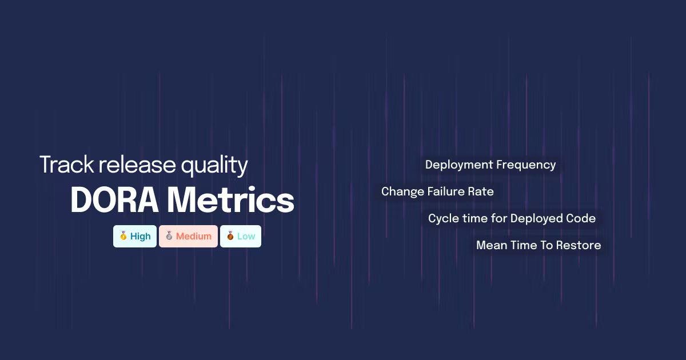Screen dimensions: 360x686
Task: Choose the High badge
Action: tap(135, 236)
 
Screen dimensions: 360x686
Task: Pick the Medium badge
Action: tap(188, 236)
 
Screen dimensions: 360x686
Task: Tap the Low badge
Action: tap(241, 236)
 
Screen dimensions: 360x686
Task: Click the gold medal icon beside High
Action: tap(123, 236)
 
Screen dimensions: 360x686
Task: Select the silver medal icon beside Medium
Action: tap(169, 236)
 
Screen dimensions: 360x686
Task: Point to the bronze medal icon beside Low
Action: tap(230, 236)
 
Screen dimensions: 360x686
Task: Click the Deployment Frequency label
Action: tap(490, 165)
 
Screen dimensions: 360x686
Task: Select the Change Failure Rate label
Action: tap(437, 191)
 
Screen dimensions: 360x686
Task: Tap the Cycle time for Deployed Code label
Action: tap(512, 218)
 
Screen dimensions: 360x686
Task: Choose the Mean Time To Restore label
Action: tap(539, 245)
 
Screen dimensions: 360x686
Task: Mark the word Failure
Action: tap(446, 191)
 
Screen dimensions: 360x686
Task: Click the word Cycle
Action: tap(441, 219)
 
